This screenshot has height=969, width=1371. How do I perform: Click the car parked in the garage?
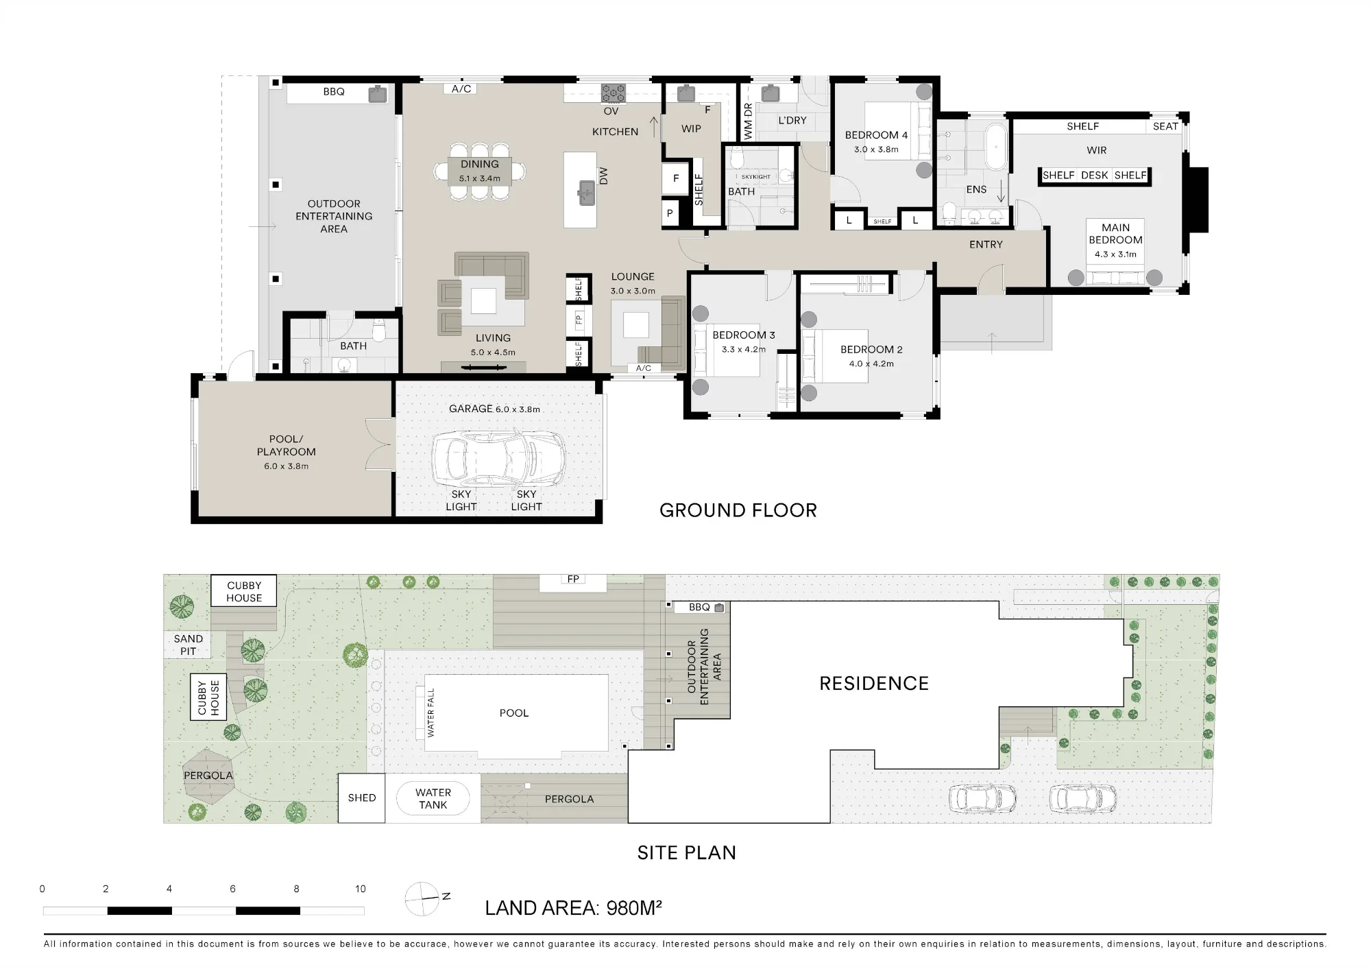pyautogui.click(x=498, y=458)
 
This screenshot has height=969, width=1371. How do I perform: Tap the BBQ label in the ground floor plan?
pyautogui.click(x=334, y=92)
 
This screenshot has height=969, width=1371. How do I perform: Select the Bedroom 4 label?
pyautogui.click(x=876, y=135)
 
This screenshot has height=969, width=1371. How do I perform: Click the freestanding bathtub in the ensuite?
pyautogui.click(x=995, y=146)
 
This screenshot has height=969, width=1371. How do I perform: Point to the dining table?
pyautogui.click(x=480, y=171)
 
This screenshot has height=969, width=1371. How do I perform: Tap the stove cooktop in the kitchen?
pyautogui.click(x=613, y=93)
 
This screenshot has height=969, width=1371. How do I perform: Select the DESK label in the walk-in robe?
pyautogui.click(x=1094, y=176)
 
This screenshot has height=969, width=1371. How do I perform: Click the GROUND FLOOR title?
pyautogui.click(x=738, y=510)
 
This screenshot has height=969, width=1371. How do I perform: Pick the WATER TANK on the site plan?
pyautogui.click(x=433, y=799)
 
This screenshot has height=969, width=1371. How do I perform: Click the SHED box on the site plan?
pyautogui.click(x=362, y=798)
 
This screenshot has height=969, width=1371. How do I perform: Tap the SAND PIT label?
pyautogui.click(x=188, y=645)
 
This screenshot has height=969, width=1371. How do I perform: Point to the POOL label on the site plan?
pyautogui.click(x=514, y=713)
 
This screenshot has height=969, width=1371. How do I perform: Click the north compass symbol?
pyautogui.click(x=422, y=898)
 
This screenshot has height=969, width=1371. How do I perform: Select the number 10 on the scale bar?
pyautogui.click(x=361, y=889)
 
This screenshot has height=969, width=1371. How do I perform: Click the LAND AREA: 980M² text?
pyautogui.click(x=573, y=908)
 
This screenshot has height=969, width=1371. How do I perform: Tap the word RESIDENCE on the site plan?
pyautogui.click(x=874, y=684)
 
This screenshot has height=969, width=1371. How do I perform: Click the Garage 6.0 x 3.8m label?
pyautogui.click(x=494, y=409)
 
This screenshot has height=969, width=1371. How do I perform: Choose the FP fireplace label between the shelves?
pyautogui.click(x=579, y=318)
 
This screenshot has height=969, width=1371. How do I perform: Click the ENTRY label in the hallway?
pyautogui.click(x=986, y=244)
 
